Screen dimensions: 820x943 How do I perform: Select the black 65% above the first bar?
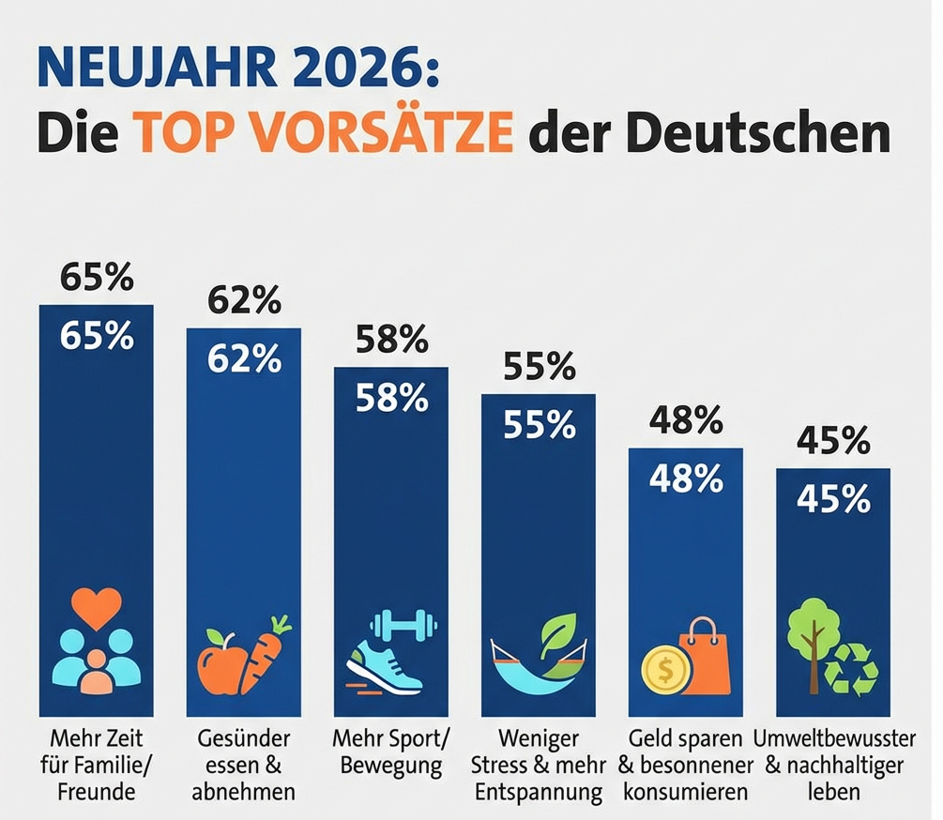pyautogui.click(x=96, y=279)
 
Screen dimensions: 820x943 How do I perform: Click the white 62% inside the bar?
pyautogui.click(x=244, y=358)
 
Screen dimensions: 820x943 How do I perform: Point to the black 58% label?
pyautogui.click(x=391, y=341)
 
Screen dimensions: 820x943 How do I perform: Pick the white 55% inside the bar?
pyautogui.click(x=539, y=425)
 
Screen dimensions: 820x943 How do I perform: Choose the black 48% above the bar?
pyautogui.click(x=686, y=422)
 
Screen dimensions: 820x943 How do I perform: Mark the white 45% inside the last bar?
pyautogui.click(x=833, y=500)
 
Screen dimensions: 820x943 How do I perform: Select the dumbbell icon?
pyautogui.click(x=403, y=623)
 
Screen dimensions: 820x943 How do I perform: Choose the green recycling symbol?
pyautogui.click(x=850, y=669)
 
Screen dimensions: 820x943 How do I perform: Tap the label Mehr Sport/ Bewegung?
pyautogui.click(x=391, y=751)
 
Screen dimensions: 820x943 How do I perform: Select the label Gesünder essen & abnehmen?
pyautogui.click(x=243, y=764)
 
